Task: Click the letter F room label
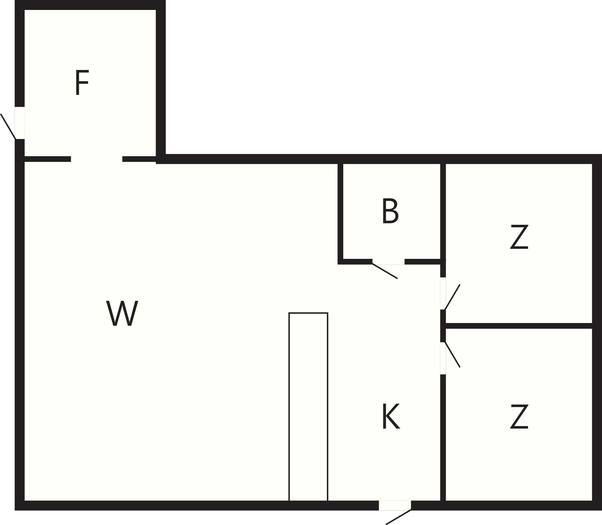pyautogui.click(x=82, y=82)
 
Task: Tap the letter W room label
pyautogui.click(x=122, y=313)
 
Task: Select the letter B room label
pyautogui.click(x=390, y=211)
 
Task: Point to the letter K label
pyautogui.click(x=391, y=416)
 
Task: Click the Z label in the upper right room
pyautogui.click(x=519, y=237)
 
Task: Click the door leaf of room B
pyautogui.click(x=385, y=271)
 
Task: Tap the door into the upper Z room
pyautogui.click(x=452, y=297)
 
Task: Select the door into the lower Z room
pyautogui.click(x=452, y=355)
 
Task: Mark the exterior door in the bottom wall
pyautogui.click(x=398, y=517)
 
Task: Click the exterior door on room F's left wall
pyautogui.click(x=8, y=126)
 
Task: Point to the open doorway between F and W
pyautogui.click(x=97, y=159)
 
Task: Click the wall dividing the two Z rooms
pyautogui.click(x=519, y=326)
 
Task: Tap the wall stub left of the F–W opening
pyautogui.click(x=48, y=159)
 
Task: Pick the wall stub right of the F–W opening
pyautogui.click(x=139, y=159)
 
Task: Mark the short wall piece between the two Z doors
pyautogui.click(x=443, y=326)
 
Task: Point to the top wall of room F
pyautogui.click(x=90, y=5)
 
